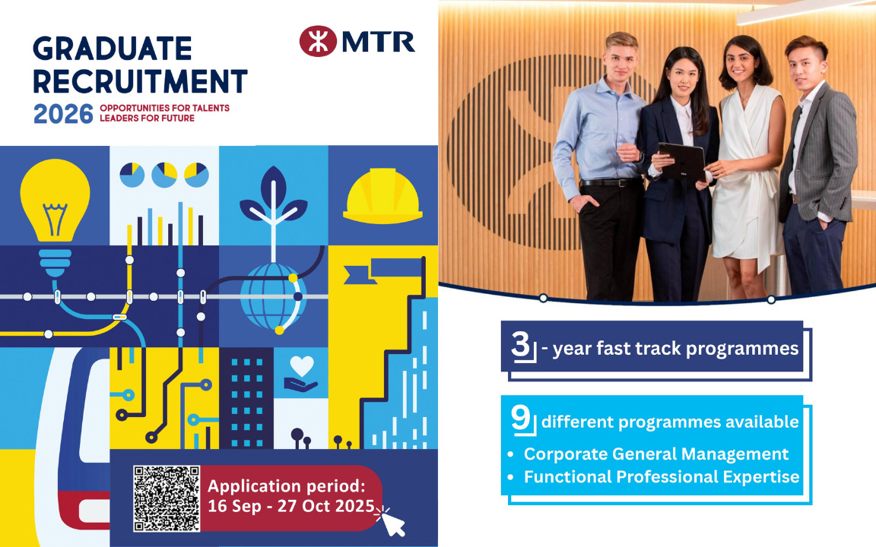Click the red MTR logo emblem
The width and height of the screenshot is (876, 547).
(x=318, y=41)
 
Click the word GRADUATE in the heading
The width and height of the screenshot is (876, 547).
(x=113, y=49)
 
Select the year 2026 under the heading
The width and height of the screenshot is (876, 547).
(x=63, y=115)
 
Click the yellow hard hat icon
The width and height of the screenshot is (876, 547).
(x=382, y=195)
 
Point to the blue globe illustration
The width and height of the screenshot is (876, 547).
(x=271, y=296)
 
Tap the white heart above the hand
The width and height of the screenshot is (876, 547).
(x=302, y=366)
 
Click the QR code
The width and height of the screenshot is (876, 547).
(x=167, y=498)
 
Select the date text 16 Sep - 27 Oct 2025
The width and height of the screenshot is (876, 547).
(x=291, y=506)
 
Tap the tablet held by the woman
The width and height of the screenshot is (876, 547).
(x=681, y=162)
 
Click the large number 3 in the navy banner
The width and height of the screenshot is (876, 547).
(x=520, y=344)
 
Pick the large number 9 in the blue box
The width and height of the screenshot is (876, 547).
(x=521, y=418)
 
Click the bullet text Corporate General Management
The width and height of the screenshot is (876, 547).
(x=656, y=454)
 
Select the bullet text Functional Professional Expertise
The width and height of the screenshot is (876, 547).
(x=662, y=477)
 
